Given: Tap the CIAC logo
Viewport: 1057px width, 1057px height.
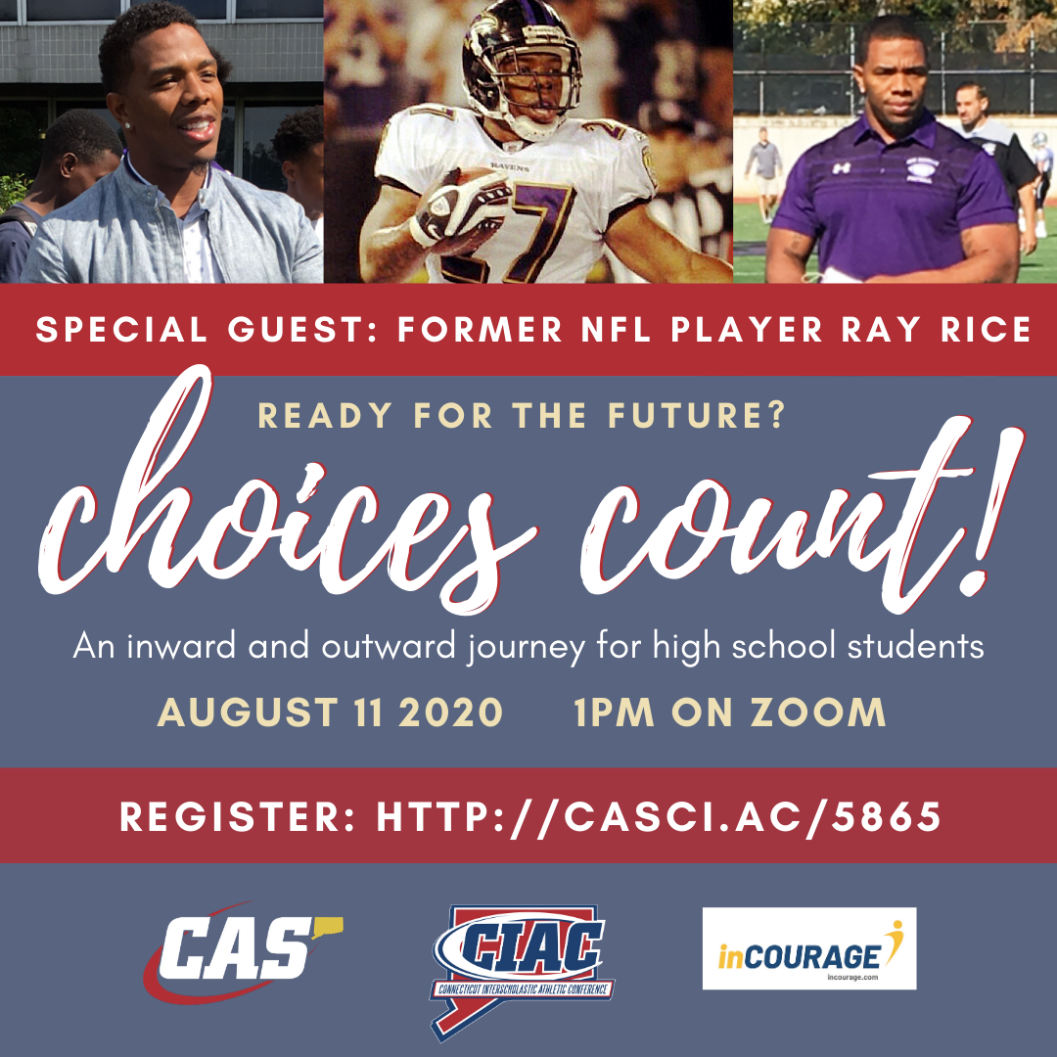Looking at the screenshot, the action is tap(523, 971).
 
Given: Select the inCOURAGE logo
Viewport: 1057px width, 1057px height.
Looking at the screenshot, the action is tap(809, 948).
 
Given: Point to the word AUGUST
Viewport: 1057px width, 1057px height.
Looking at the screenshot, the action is tap(248, 712).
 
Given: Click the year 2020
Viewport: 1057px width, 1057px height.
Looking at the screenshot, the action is tap(450, 712).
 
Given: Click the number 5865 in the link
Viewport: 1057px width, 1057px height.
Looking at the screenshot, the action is tap(886, 817).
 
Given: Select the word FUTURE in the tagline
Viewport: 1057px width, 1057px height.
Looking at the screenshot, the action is tap(697, 415).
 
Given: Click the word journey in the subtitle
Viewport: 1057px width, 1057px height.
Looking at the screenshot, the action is tap(526, 647).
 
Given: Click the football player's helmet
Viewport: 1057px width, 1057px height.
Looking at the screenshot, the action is tap(521, 68).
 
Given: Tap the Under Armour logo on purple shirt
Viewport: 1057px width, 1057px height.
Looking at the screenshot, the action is tap(841, 168).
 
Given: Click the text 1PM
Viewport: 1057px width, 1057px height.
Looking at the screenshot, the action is tap(614, 712).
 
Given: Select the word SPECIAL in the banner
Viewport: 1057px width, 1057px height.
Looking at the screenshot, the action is tap(121, 330).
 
